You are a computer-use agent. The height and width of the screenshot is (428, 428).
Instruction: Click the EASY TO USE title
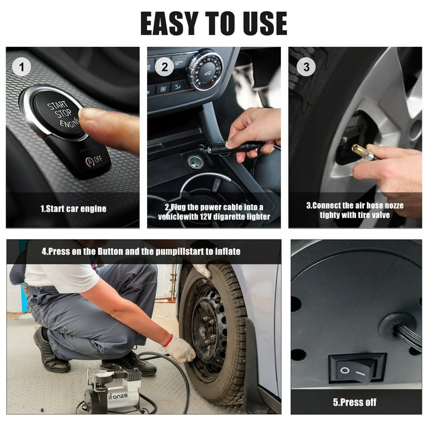click(x=213, y=23)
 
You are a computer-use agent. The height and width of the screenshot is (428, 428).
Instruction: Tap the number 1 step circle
click(x=21, y=67)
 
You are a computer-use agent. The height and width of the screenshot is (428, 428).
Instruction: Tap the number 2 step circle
click(x=164, y=67)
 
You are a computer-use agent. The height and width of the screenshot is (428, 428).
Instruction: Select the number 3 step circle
click(x=305, y=67)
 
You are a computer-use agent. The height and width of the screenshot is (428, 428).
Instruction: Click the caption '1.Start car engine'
click(x=73, y=208)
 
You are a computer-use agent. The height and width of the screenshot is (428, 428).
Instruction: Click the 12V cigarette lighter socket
click(x=195, y=162)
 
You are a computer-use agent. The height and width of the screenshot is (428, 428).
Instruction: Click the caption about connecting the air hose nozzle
click(x=354, y=210)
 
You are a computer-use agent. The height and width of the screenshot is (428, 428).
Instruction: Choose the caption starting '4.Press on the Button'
click(x=141, y=251)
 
